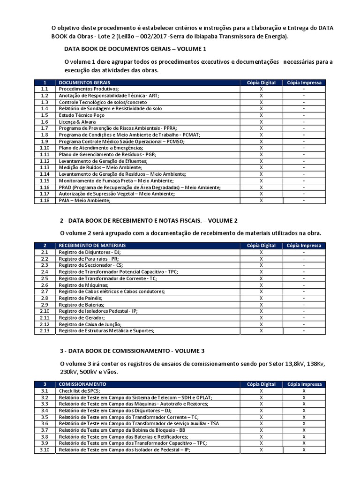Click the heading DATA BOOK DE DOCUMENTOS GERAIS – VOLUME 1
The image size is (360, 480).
pyautogui.click(x=135, y=49)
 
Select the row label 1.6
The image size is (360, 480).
pyautogui.click(x=45, y=121)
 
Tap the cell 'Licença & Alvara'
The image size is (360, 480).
pyautogui.click(x=76, y=121)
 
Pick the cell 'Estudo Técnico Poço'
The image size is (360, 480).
pyautogui.click(x=82, y=115)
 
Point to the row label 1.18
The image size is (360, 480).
pyautogui.click(x=45, y=200)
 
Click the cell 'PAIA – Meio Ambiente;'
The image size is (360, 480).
pyautogui.click(x=84, y=200)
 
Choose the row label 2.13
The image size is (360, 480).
pyautogui.click(x=45, y=330)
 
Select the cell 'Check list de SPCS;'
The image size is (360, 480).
pyautogui.click(x=79, y=390)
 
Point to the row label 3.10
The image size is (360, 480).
pyautogui.click(x=45, y=450)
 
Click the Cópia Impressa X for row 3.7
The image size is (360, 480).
pyautogui.click(x=304, y=430)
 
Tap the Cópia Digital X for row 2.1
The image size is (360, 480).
pyautogui.click(x=261, y=252)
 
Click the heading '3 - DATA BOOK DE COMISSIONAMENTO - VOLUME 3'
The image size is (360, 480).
pyautogui.click(x=132, y=351)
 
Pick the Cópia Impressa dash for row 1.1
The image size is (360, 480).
pyautogui.click(x=304, y=89)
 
